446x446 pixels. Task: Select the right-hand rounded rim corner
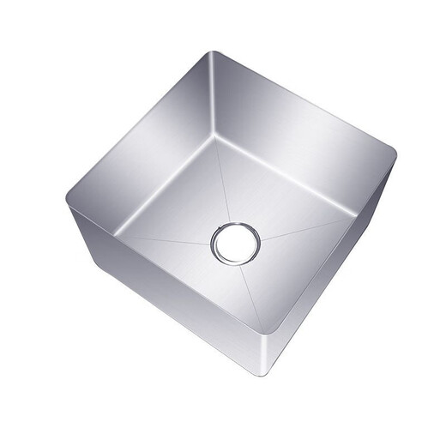click(394, 154)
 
